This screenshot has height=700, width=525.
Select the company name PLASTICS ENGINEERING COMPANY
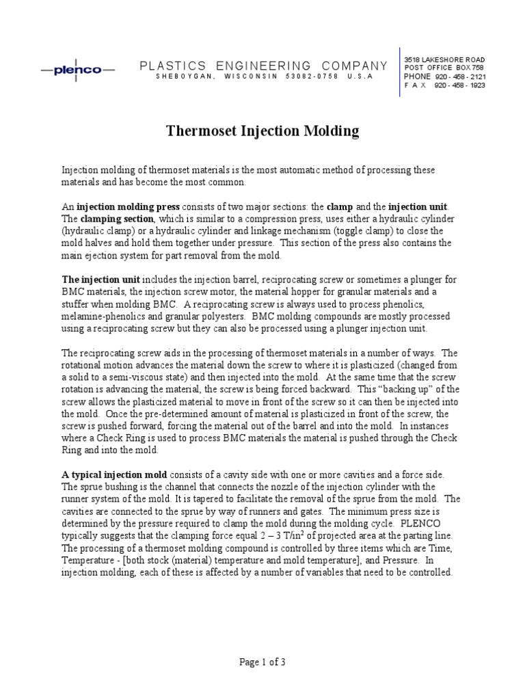264,66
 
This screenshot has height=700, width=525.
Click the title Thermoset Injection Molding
262,130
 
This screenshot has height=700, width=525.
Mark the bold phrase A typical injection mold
109,474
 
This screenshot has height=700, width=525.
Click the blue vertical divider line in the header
399,72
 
